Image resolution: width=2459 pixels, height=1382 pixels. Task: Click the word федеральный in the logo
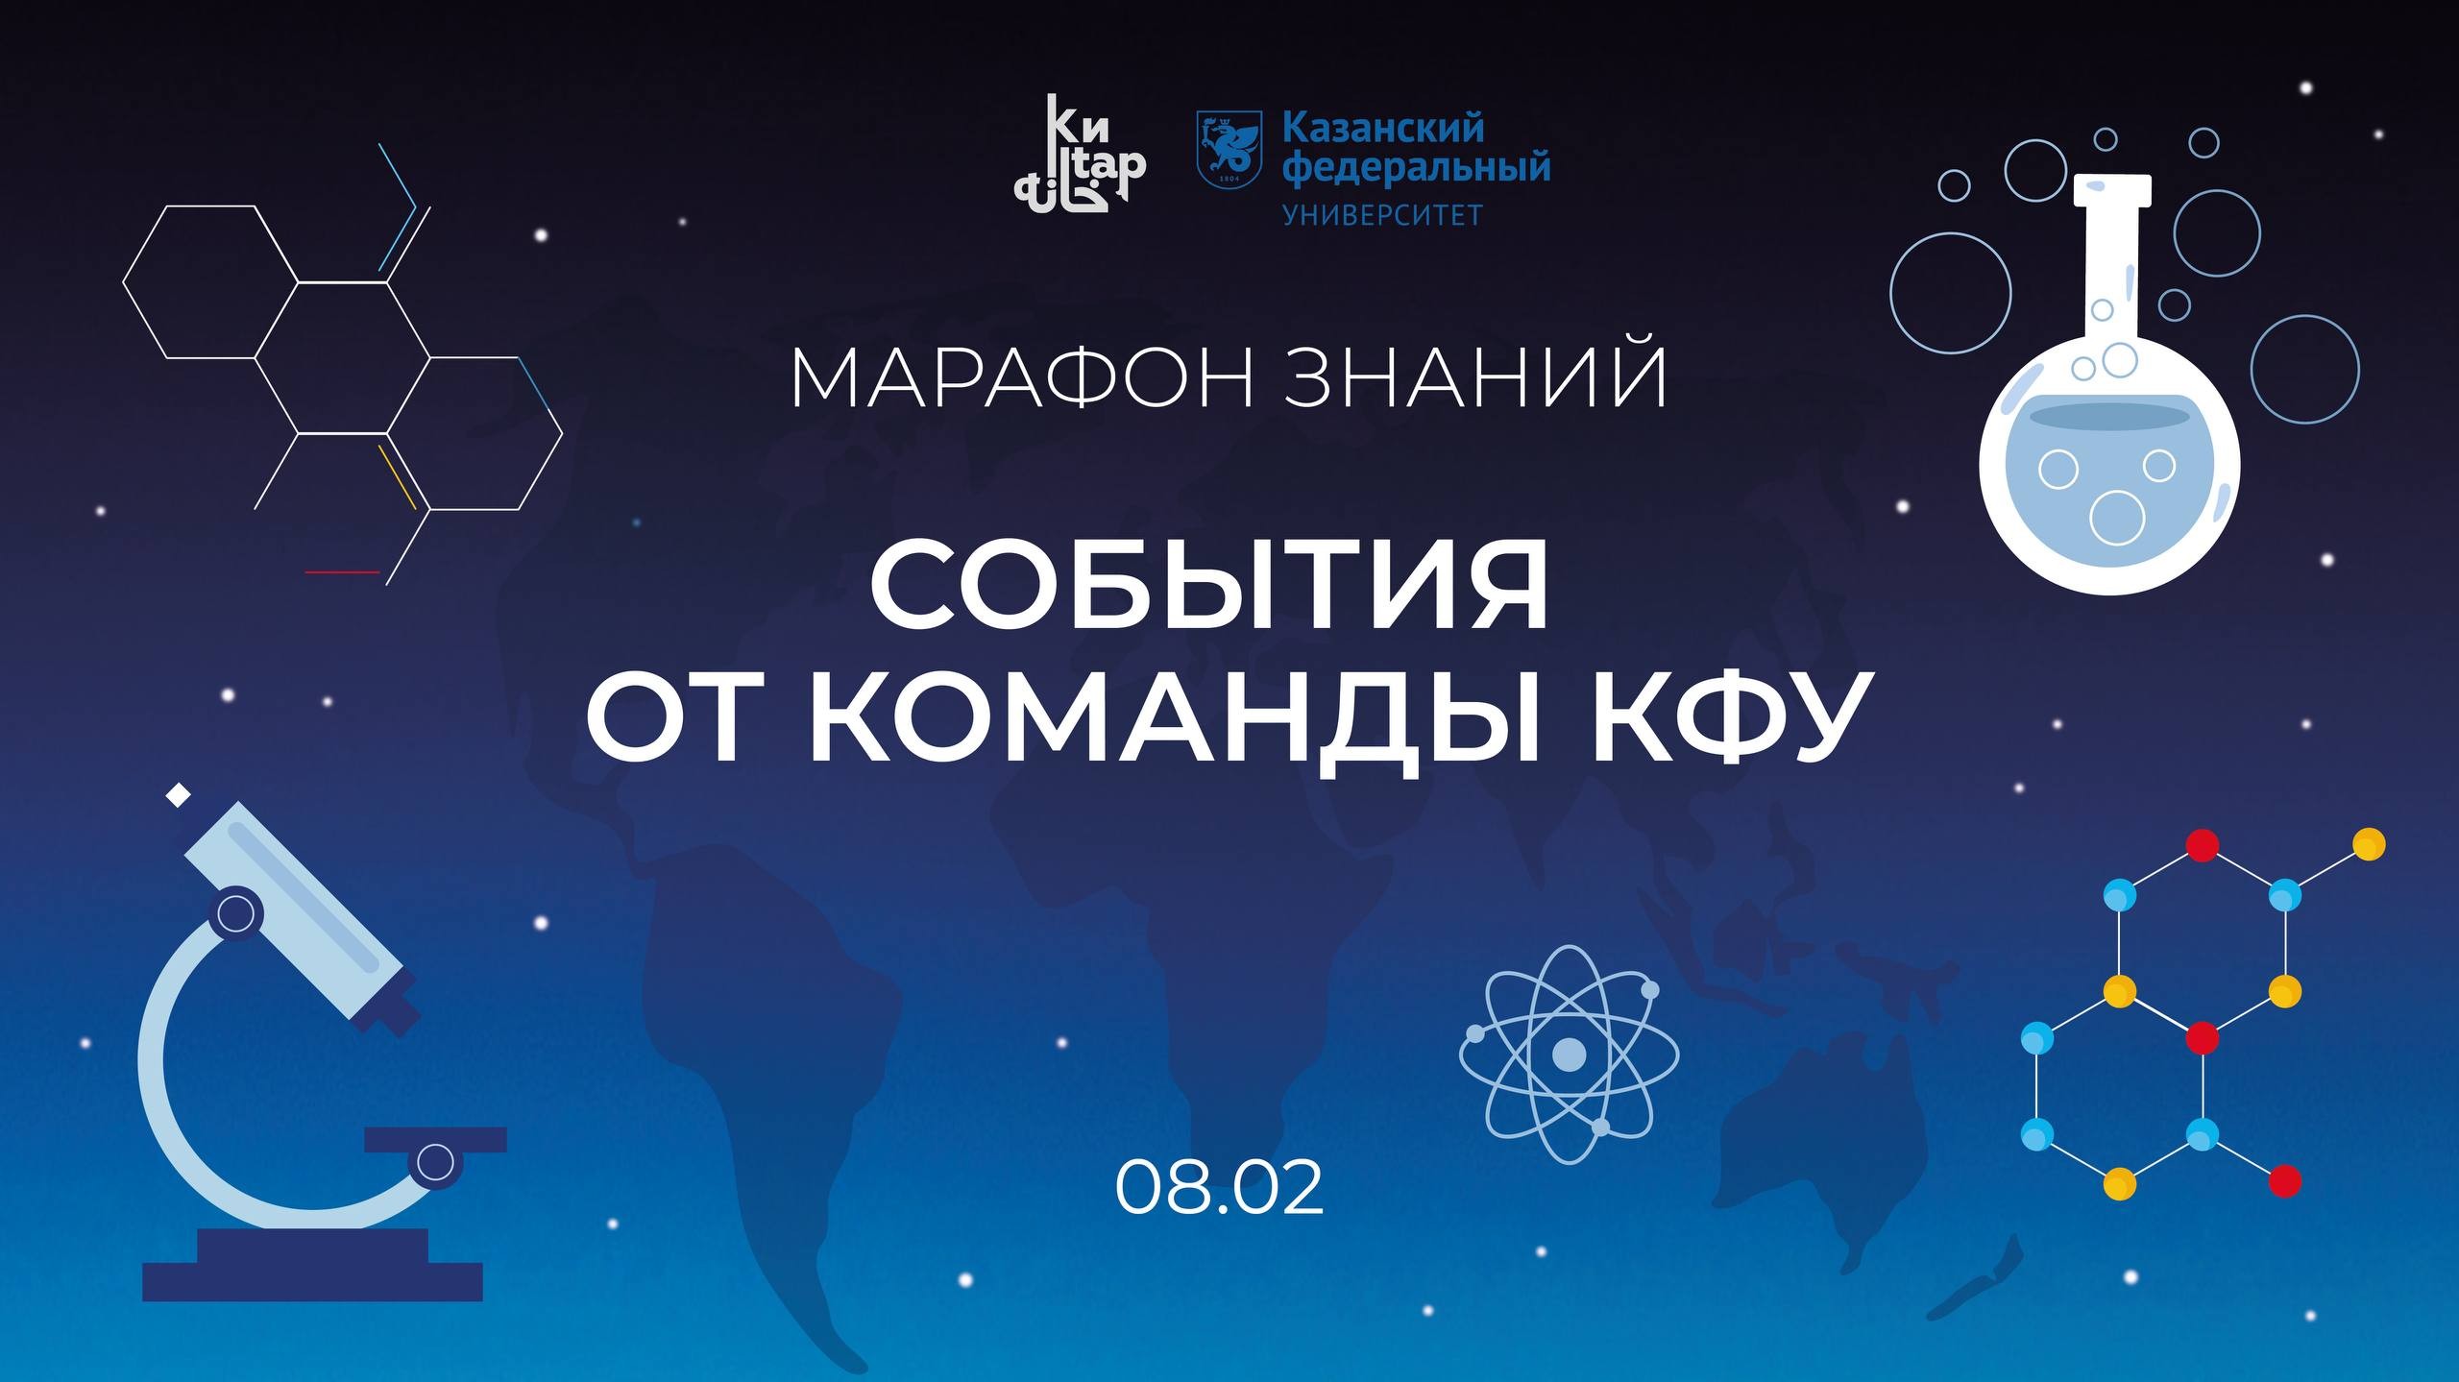[x=1417, y=168]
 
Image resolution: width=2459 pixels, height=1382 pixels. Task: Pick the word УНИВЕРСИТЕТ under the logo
[x=1383, y=214]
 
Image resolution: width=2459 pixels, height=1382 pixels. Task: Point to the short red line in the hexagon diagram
[x=342, y=572]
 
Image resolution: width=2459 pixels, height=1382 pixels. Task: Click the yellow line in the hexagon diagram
[x=397, y=475]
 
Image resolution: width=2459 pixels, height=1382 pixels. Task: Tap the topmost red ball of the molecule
[x=2202, y=845]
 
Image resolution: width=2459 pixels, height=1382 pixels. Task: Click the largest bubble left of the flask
[x=1950, y=293]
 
